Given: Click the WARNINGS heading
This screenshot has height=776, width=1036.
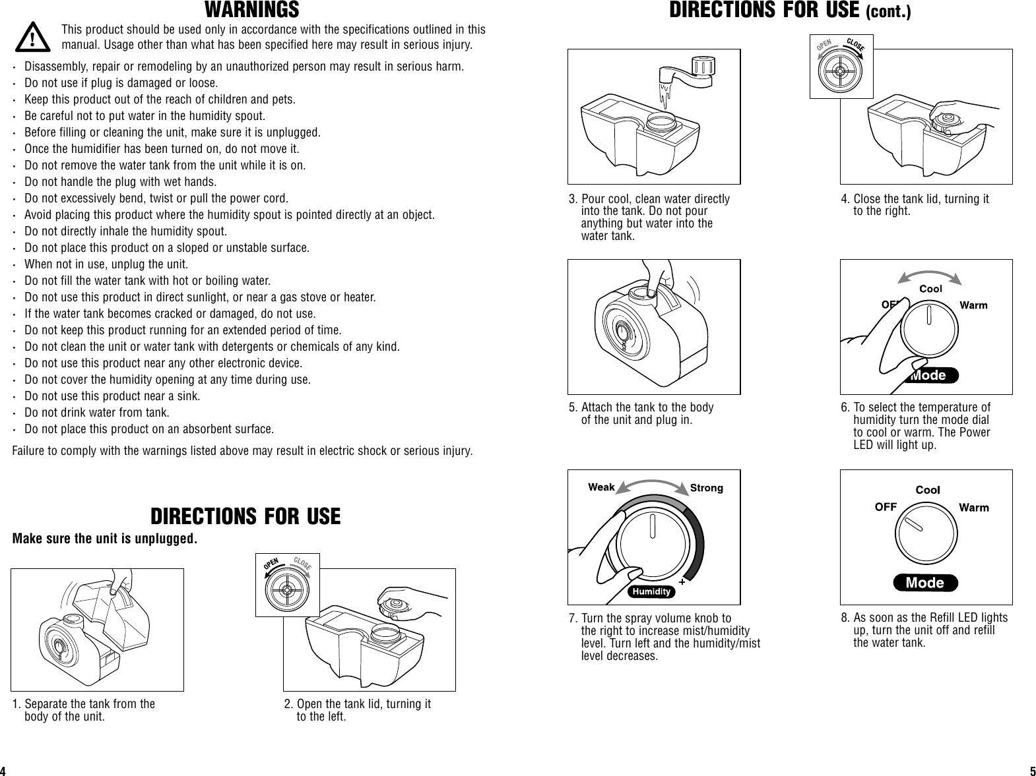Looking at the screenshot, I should (x=251, y=11).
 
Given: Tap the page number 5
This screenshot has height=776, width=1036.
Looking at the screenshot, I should (x=1032, y=771).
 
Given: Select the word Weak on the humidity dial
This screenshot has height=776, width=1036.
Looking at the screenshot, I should (x=601, y=487).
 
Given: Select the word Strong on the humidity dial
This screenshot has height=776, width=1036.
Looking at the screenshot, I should (x=706, y=488).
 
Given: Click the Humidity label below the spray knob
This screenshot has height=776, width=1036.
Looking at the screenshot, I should (x=651, y=591).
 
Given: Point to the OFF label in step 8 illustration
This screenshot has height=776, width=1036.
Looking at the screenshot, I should (x=886, y=507).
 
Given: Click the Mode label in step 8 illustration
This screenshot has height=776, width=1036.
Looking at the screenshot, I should (x=924, y=583).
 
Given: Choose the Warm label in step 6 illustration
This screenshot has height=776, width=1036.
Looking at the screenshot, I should (x=973, y=305).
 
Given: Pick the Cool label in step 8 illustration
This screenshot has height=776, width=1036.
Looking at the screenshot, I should (x=927, y=490).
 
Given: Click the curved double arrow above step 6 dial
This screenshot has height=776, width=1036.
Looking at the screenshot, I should (x=930, y=274).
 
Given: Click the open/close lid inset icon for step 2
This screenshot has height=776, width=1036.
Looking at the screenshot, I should (x=287, y=585).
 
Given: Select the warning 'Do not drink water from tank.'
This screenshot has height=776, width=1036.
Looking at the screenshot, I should (x=97, y=413).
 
